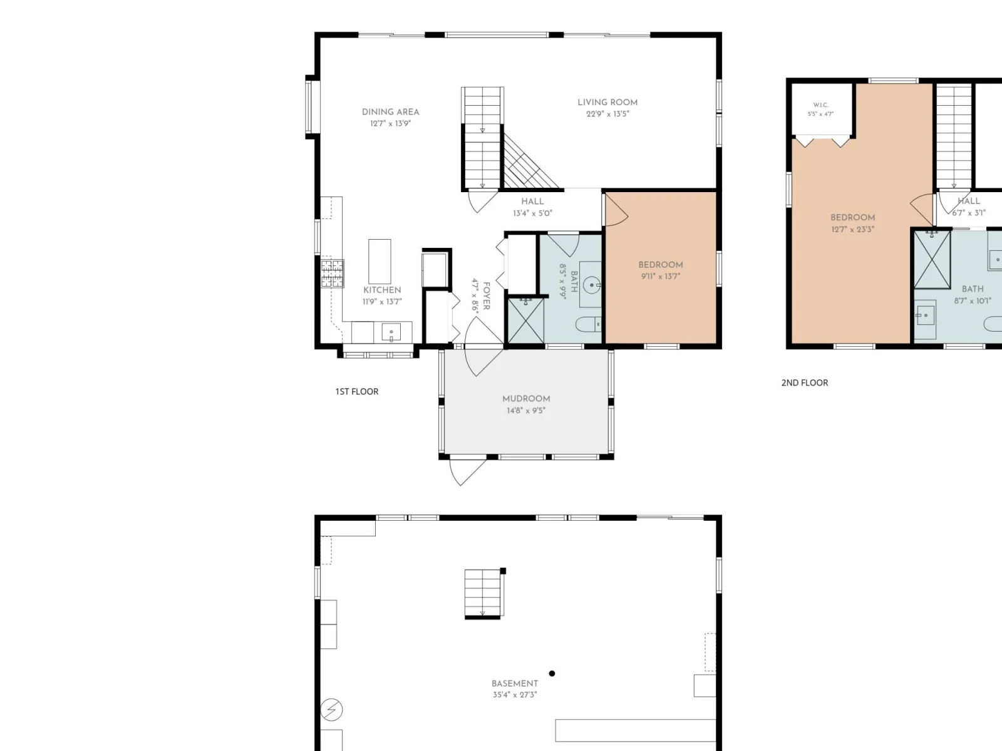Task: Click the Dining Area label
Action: pos(390,112)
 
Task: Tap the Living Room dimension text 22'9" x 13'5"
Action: pos(607,114)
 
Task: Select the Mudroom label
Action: pos(526,399)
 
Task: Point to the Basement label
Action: pos(515,683)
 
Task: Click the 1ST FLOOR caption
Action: pos(357,392)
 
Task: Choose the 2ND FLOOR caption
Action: pos(805,383)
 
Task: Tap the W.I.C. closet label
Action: pos(820,105)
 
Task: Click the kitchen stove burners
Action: pos(333,273)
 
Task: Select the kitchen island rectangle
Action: pos(380,262)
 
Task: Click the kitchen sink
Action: pos(391,332)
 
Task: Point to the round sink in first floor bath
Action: pos(592,285)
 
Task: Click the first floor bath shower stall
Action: pos(526,320)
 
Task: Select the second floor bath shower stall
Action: pos(932,260)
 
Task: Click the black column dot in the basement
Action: pos(552,673)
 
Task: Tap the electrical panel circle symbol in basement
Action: pos(331,710)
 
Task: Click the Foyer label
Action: pos(487,296)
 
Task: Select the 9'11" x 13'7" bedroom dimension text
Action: pos(661,277)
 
